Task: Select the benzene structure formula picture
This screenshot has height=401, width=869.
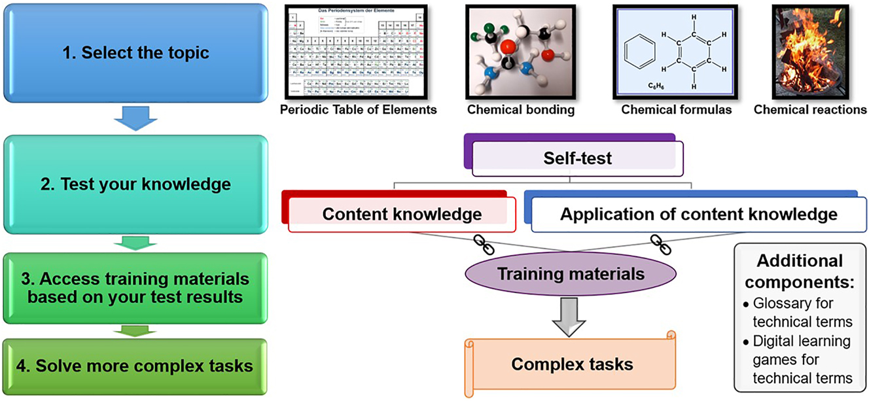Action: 676,50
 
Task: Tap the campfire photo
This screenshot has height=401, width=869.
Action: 810,50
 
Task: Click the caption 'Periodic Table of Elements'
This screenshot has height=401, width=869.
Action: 358,110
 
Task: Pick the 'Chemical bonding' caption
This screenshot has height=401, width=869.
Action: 521,110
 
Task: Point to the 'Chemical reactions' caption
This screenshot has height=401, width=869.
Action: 810,110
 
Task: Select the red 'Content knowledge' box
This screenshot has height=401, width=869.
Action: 402,214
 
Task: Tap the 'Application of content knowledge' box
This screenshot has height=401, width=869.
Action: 698,214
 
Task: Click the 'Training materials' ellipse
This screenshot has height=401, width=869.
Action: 571,273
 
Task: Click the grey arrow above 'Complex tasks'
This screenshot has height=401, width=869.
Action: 571,313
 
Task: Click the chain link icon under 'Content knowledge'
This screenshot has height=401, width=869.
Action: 484,245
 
